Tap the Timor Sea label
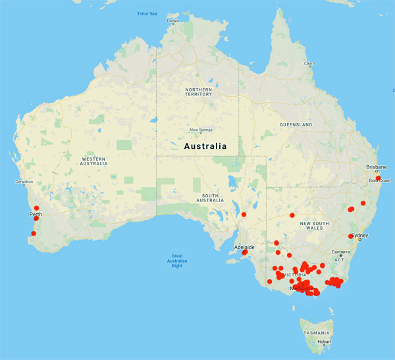coord(147,13)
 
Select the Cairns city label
coord(309,63)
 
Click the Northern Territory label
coord(198,91)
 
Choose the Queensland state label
coord(296,124)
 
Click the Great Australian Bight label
coord(176,259)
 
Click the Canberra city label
coord(340,251)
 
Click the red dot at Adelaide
coord(244,251)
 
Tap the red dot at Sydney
coord(350,236)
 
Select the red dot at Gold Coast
coord(378,177)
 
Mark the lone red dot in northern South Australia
coord(244,215)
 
